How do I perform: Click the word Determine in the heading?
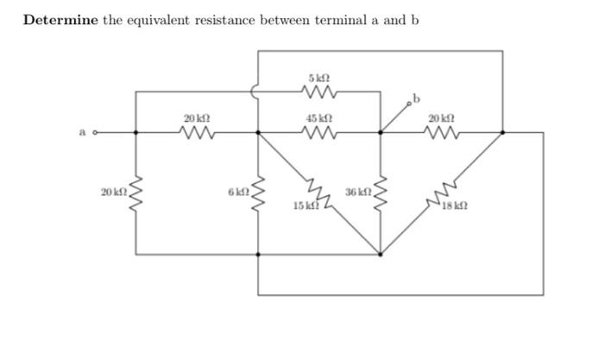coord(60,20)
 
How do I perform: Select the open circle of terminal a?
coord(96,133)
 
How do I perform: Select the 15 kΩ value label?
coord(305,206)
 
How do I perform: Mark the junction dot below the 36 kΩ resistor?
coord(381,255)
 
